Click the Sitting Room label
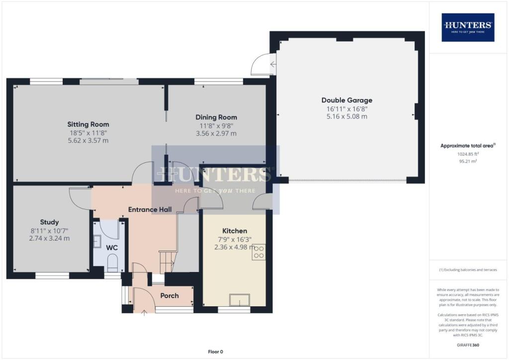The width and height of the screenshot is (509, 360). click(88, 124)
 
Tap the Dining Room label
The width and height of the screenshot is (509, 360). click(215, 117)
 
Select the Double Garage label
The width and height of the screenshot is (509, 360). click(346, 100)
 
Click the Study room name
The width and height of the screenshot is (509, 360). click(49, 222)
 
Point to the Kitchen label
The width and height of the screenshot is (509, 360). click(235, 231)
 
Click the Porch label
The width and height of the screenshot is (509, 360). click(170, 295)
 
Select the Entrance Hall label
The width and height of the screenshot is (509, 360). click(150, 209)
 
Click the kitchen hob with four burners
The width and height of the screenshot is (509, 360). click(259, 252)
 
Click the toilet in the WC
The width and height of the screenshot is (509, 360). click(112, 263)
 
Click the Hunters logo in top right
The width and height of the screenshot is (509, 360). click(468, 27)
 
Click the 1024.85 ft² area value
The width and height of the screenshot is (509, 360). click(468, 154)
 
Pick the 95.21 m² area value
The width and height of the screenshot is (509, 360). click(468, 161)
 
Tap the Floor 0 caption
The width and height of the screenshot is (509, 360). click(215, 352)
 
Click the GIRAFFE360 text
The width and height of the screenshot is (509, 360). click(468, 345)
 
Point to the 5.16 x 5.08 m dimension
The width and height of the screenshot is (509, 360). click(346, 116)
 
